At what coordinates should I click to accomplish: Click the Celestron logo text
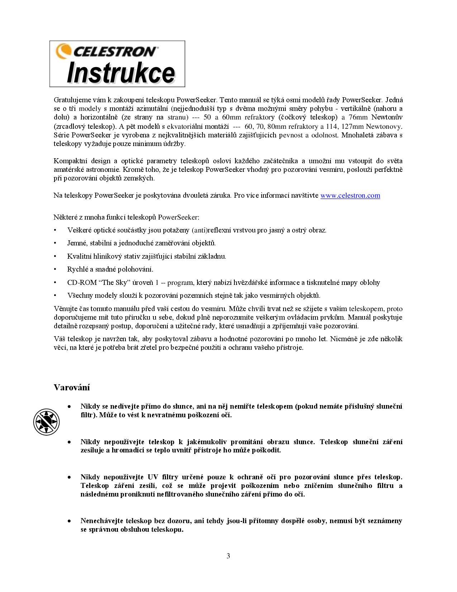point(115,51)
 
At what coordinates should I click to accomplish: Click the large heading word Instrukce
point(121,73)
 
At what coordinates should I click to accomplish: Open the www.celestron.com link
point(350,196)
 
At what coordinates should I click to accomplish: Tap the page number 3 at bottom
point(228,556)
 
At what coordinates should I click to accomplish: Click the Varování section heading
point(72,387)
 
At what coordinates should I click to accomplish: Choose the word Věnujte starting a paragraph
point(65,309)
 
